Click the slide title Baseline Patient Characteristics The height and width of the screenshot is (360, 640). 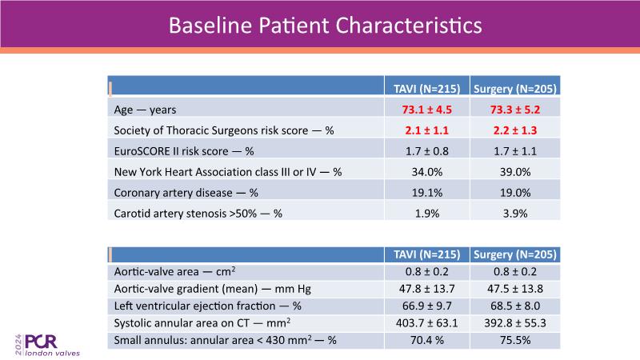(325, 25)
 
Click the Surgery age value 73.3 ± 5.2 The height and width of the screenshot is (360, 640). (514, 108)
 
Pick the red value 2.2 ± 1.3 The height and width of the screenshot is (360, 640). (514, 128)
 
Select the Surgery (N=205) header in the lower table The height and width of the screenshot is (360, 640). (514, 255)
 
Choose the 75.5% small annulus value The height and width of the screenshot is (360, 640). (514, 340)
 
